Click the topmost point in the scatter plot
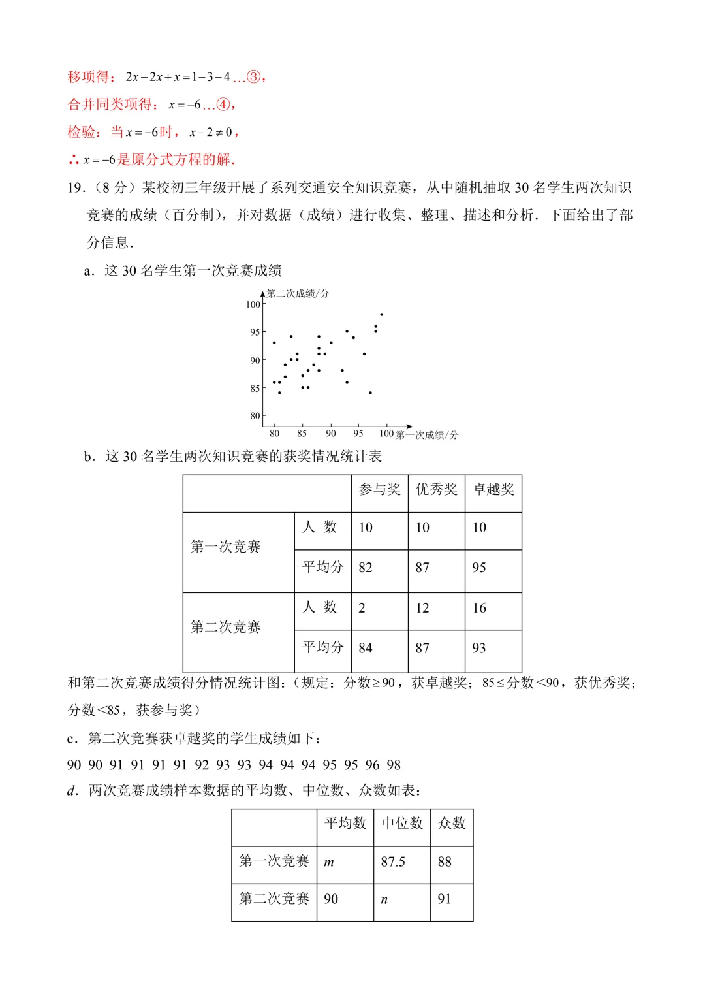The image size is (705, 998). click(x=382, y=315)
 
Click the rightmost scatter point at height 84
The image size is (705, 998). click(x=371, y=393)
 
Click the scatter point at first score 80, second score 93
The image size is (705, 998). click(x=274, y=343)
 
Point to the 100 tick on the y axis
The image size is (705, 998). click(x=253, y=304)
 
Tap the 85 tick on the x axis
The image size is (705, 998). click(x=302, y=434)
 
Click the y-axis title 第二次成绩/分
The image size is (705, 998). click(x=298, y=294)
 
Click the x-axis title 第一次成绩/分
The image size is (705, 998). click(x=427, y=435)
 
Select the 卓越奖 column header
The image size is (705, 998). click(x=493, y=490)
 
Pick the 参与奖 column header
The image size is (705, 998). click(x=380, y=490)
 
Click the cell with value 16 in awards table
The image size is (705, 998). click(x=480, y=609)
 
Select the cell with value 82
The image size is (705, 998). click(x=366, y=568)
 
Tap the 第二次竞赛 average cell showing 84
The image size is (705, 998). click(x=366, y=649)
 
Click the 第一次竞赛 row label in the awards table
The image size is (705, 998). click(x=226, y=547)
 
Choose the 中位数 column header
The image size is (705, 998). click(x=402, y=824)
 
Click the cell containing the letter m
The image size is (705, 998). click(x=330, y=863)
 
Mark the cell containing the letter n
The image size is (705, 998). click(x=384, y=900)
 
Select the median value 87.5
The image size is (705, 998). click(x=393, y=862)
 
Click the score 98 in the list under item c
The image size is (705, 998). click(x=394, y=765)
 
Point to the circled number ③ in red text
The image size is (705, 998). click(x=253, y=77)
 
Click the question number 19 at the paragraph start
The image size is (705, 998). click(x=76, y=188)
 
